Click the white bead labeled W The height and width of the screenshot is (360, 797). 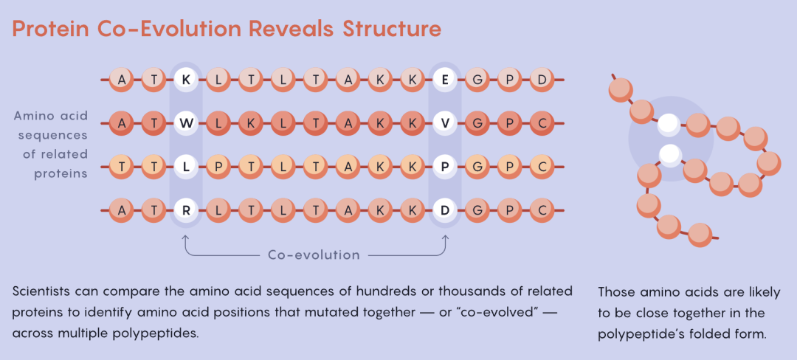186,123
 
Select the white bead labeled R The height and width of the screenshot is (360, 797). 186,211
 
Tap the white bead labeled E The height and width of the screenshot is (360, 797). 445,80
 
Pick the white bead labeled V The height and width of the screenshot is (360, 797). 445,123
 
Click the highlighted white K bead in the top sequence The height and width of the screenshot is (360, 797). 186,80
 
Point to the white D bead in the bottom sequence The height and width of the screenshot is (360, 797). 445,211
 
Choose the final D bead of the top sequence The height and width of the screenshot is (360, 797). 542,80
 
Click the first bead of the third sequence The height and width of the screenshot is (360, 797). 121,167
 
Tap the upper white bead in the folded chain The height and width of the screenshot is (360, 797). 669,125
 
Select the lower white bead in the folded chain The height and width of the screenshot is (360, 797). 670,155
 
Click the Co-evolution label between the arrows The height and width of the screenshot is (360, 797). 314,255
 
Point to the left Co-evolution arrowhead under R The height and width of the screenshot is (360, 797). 186,237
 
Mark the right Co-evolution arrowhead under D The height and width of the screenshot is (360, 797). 445,237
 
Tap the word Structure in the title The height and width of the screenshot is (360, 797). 391,30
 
